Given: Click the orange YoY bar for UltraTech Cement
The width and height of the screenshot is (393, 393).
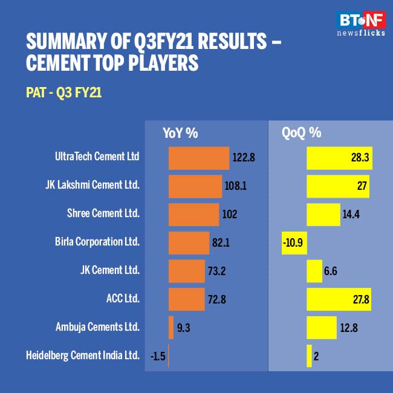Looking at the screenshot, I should point(198,158).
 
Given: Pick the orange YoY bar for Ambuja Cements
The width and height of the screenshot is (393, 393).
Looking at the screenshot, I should point(171,327).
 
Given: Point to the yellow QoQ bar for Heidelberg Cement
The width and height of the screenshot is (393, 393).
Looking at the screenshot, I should point(309,356).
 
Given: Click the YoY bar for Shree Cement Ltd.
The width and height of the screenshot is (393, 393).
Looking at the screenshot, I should point(193,214).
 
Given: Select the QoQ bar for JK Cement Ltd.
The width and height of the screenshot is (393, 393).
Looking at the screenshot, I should point(314,271).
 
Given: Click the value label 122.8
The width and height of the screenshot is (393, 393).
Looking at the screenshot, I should point(244,158).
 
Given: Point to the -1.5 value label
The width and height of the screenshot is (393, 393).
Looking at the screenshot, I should point(158,356).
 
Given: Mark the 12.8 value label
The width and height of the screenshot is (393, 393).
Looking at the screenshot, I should point(349,327).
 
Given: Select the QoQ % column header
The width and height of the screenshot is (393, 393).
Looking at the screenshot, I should point(301,133).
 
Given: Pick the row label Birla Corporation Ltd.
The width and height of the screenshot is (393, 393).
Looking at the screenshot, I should point(97,242).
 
